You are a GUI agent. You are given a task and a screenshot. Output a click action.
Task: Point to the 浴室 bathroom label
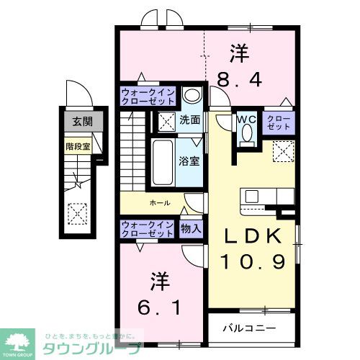pyautogui.click(x=190, y=161)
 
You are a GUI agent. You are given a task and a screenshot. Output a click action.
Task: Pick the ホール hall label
pyautogui.click(x=160, y=203)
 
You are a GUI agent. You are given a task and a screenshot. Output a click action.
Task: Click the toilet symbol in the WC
pyautogui.click(x=247, y=135)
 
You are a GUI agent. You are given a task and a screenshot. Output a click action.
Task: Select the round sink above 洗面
pyautogui.click(x=192, y=96)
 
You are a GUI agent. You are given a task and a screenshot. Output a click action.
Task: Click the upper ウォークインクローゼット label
pyautogui.click(x=148, y=96)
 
